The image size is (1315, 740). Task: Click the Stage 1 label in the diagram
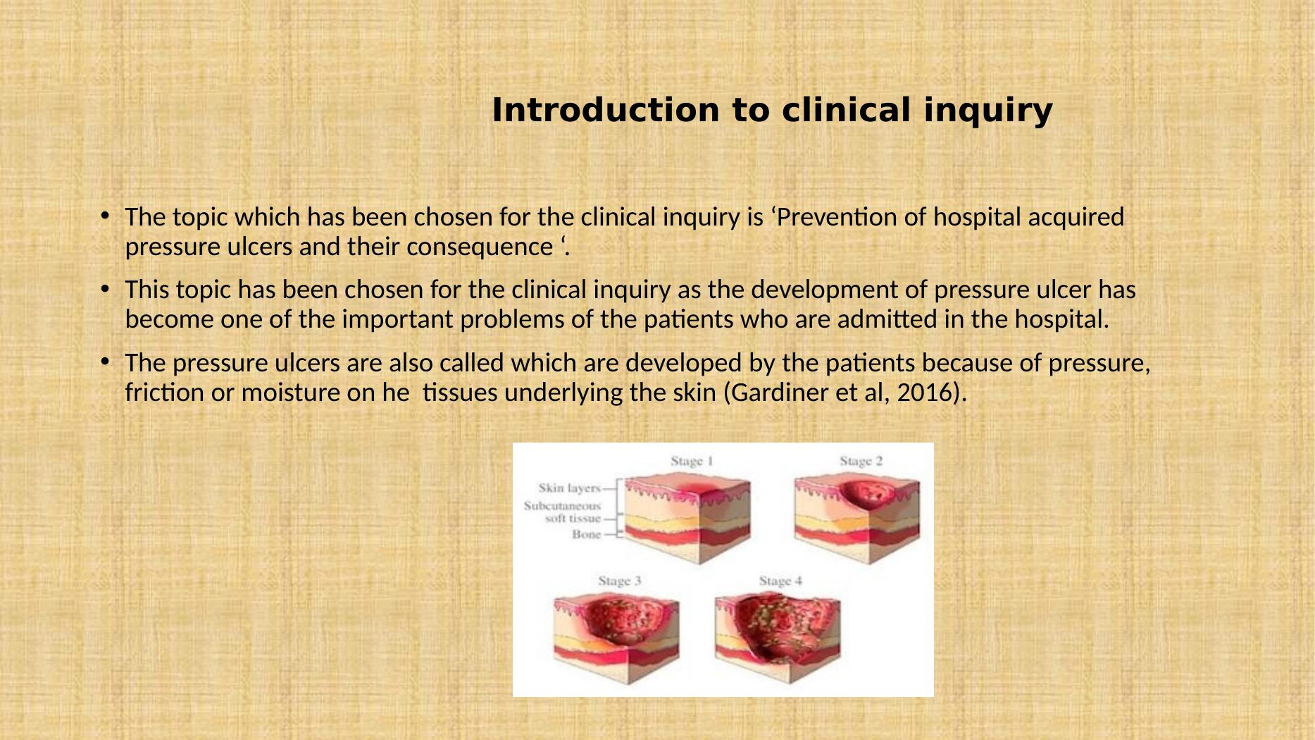(692, 461)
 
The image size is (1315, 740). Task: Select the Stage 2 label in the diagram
(861, 461)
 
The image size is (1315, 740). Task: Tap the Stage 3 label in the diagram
(620, 581)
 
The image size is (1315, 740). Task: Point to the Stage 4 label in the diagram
(780, 581)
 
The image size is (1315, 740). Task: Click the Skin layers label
(570, 488)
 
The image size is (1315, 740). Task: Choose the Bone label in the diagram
(587, 534)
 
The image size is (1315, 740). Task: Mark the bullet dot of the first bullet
(104, 215)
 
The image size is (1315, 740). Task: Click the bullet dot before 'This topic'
(104, 288)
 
